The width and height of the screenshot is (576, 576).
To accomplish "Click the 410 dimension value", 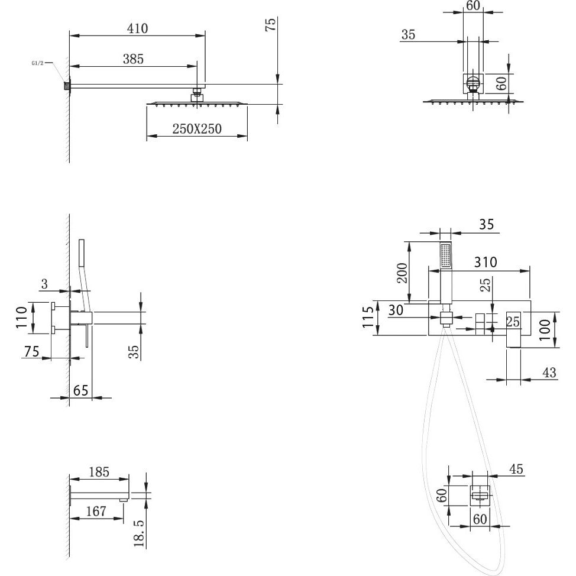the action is coord(137,28).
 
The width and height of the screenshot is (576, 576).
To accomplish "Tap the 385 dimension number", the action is coord(133,59).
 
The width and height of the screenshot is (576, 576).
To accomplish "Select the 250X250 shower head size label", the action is coord(197,128).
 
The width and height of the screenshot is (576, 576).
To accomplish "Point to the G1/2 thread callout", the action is coord(37,63).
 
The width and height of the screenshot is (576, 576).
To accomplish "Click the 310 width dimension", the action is coord(486,262).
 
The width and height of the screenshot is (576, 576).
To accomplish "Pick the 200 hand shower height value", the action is coord(403,273).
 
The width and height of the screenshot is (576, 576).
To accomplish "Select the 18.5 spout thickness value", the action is coord(139,533).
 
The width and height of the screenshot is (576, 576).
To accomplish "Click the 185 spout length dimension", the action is coord(99,472).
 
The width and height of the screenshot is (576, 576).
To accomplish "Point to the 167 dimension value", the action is coord(96,511).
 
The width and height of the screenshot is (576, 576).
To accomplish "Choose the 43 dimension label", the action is coord(549,373).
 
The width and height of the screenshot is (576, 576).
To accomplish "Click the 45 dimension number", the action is coord(516,469).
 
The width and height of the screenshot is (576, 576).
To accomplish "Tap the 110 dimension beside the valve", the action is coord(21,317).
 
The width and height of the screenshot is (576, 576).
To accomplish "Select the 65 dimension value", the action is coord(81,390).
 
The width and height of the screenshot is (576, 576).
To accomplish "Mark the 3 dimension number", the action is coord(44,284).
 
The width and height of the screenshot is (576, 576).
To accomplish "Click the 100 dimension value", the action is coord(545,330).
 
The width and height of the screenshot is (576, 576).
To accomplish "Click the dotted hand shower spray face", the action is coord(445,256).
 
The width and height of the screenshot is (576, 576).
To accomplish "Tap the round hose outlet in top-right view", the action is coord(473,82).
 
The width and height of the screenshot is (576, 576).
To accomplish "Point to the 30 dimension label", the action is coord(396,310).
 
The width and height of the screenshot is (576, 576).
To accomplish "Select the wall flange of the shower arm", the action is coord(67,86).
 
